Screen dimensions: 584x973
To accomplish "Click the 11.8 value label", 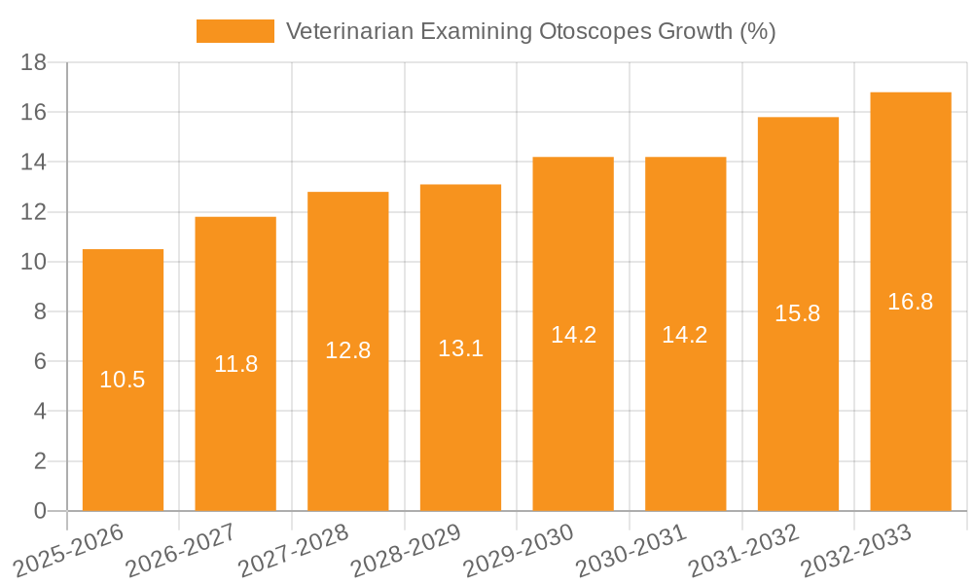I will (235, 364).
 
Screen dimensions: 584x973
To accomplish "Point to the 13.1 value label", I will (460, 348).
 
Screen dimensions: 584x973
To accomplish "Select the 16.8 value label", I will (911, 302).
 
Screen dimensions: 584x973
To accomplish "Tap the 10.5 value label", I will (123, 380).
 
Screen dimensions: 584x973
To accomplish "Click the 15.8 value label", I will (798, 313).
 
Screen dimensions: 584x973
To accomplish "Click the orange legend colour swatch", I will (235, 31).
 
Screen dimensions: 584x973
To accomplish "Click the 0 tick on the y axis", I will (40, 511).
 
